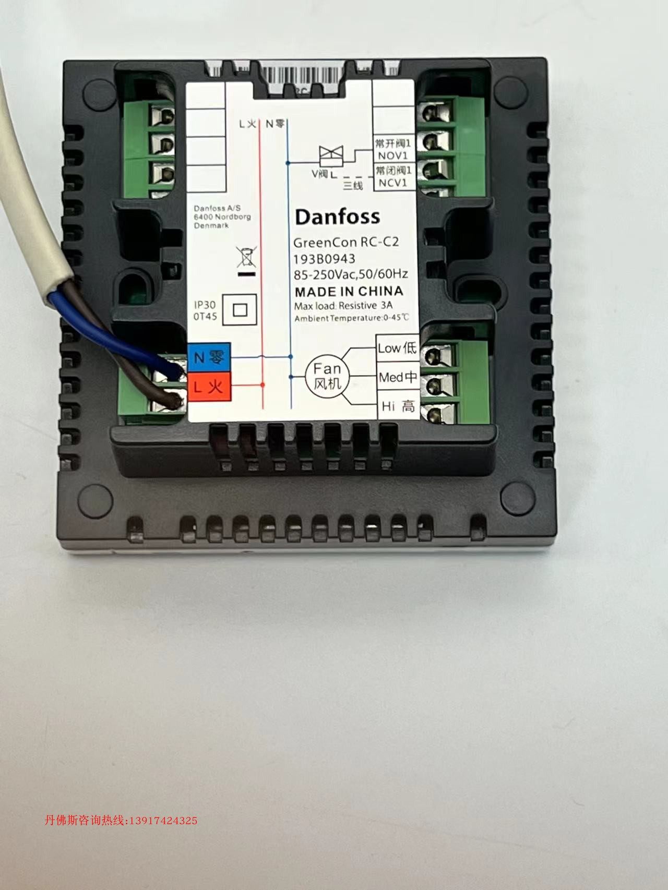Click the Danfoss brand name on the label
point(337,217)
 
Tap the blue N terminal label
point(209,357)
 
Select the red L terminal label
point(209,387)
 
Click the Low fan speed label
point(397,348)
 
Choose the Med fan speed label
point(398,377)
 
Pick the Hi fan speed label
point(398,406)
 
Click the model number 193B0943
point(324,259)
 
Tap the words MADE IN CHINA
point(349,291)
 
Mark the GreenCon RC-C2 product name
point(346,243)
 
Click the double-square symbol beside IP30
point(240,310)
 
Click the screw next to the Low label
point(432,356)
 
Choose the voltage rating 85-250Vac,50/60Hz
point(351,274)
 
